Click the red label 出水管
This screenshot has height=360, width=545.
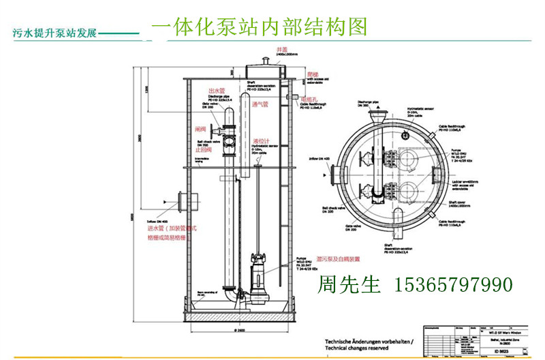(x=216, y=90)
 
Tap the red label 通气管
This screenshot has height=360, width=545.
(x=261, y=106)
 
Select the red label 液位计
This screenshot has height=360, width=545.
(x=259, y=141)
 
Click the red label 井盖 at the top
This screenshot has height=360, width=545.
(x=281, y=49)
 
